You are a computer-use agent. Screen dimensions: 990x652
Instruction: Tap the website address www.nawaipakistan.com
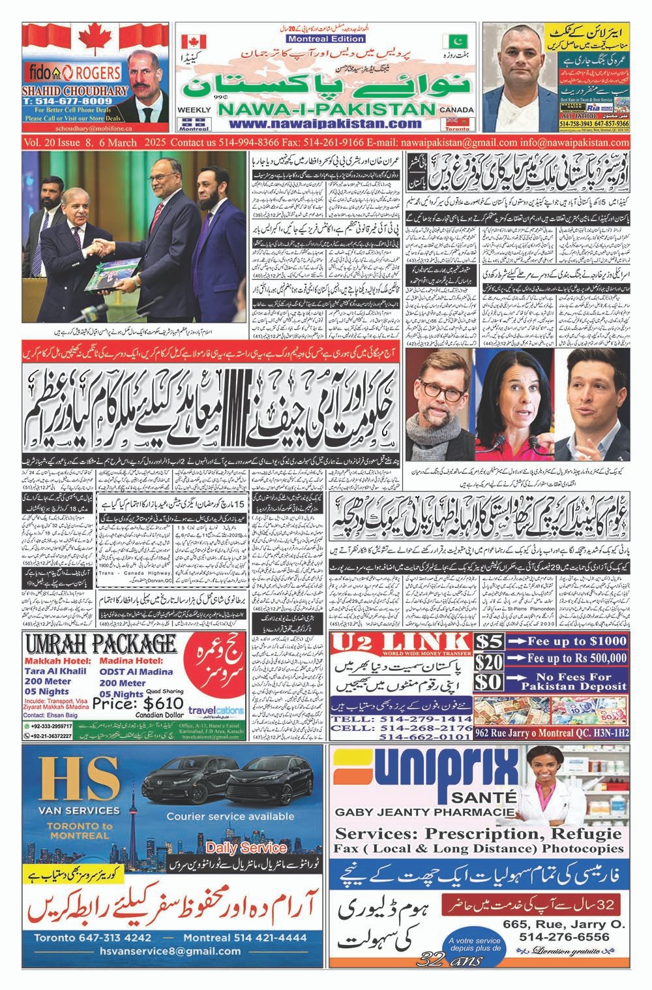pyautogui.click(x=325, y=123)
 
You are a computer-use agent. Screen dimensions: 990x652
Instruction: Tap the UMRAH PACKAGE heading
pyautogui.click(x=96, y=645)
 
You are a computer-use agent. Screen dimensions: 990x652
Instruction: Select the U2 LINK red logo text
pyautogui.click(x=400, y=642)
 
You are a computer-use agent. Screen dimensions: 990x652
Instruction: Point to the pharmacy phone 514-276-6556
pyautogui.click(x=565, y=937)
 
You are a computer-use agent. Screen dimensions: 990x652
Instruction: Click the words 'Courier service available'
pyautogui.click(x=230, y=816)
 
